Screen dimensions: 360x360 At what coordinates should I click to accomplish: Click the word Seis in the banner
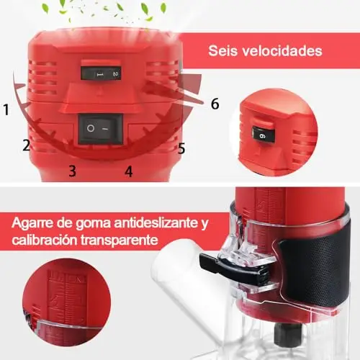pos(222,50)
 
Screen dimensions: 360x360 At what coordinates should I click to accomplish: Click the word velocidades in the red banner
pos(282,50)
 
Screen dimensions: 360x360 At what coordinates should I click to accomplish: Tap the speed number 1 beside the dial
pos(6,109)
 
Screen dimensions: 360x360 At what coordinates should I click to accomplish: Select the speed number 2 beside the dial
pos(27,145)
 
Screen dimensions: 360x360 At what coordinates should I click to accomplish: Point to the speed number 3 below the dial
pos(72,171)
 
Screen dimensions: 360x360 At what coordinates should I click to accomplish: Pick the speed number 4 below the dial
pos(129,171)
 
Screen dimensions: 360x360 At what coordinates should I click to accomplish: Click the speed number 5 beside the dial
pos(181,148)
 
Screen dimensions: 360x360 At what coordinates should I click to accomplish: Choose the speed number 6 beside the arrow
pos(215,104)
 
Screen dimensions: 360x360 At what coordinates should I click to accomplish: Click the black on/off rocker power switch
pos(101,129)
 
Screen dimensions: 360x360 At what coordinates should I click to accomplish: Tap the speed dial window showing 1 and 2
pos(101,73)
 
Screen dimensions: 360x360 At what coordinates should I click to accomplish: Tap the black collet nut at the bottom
pos(288,333)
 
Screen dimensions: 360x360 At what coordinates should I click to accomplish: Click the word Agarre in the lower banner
pos(32,223)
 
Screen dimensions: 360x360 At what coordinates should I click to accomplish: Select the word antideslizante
pos(156,223)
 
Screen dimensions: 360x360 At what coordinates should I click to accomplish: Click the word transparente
pos(120,240)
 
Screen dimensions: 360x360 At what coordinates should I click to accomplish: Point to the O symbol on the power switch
pos(91,128)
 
